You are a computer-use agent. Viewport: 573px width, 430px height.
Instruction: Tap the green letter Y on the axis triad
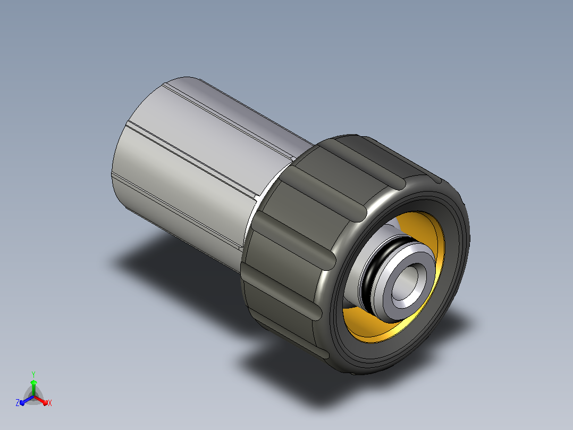(x=33, y=375)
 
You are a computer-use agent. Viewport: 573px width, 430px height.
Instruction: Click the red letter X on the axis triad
(x=50, y=403)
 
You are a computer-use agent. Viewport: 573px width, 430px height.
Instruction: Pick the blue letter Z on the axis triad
(x=17, y=403)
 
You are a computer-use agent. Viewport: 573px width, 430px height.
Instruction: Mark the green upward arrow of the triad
(x=33, y=387)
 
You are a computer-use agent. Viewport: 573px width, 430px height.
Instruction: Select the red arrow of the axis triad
(x=41, y=400)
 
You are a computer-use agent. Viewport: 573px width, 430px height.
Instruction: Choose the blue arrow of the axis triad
(x=27, y=400)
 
